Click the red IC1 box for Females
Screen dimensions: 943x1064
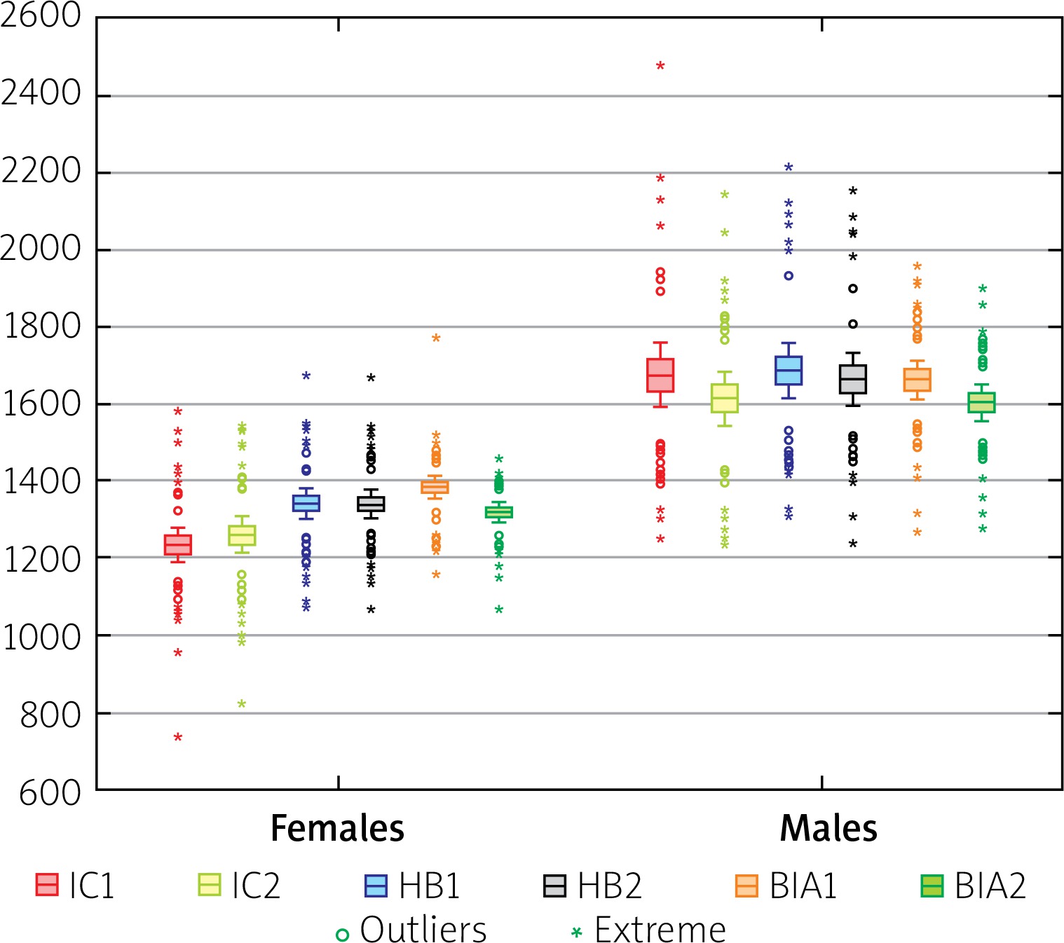point(178,544)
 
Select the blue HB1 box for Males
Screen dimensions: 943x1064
point(789,370)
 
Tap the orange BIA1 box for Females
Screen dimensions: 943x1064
point(435,486)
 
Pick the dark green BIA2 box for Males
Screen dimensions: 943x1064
point(982,402)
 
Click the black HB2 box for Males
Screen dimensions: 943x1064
point(853,379)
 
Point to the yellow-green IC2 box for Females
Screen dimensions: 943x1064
point(242,535)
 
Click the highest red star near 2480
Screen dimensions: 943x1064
point(660,66)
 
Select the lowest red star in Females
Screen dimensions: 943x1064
point(178,737)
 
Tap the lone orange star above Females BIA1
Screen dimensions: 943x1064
point(436,338)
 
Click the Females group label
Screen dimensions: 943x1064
point(337,828)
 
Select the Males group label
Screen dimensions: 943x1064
point(828,828)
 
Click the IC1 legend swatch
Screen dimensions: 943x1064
point(47,885)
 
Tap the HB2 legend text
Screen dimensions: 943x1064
point(609,886)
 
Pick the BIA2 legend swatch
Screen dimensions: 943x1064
point(932,886)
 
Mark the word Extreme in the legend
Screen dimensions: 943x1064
point(660,930)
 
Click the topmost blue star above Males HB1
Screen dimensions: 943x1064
point(789,167)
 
